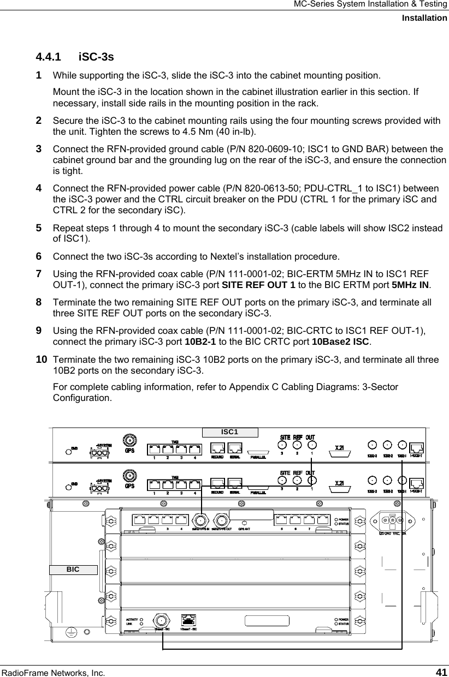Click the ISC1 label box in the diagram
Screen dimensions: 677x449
(x=230, y=432)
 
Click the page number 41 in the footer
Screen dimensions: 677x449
(x=441, y=669)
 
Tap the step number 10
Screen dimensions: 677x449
(x=41, y=361)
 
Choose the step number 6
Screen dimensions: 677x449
(x=39, y=256)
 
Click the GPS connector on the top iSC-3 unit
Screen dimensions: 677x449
(x=130, y=441)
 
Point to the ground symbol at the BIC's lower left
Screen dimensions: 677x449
(x=70, y=632)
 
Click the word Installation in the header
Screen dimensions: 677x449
(x=424, y=18)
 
